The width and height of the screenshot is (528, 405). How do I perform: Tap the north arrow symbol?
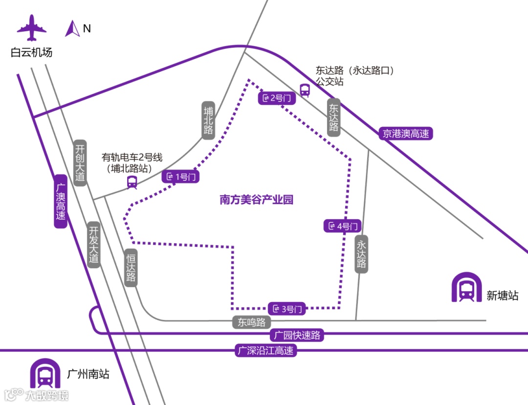point(73,29)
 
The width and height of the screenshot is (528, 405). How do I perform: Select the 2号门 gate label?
point(277,98)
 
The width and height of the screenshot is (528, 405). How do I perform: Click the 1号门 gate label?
point(181,177)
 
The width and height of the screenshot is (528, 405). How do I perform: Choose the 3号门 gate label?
point(287,309)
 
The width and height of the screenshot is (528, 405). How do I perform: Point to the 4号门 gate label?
point(342,226)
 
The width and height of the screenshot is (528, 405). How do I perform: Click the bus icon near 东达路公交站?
point(305,90)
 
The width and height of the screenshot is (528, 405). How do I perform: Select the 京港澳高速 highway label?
point(406,133)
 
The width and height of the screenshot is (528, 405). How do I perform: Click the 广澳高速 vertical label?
point(60,201)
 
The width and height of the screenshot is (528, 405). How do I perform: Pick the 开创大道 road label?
point(80,163)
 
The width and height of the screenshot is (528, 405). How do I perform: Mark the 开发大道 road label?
point(94,245)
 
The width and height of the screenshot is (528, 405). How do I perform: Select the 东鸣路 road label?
point(251,322)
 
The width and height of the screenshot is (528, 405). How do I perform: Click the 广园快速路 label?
point(297,336)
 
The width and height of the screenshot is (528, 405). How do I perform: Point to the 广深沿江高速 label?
point(265,350)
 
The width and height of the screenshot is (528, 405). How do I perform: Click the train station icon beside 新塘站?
point(466,288)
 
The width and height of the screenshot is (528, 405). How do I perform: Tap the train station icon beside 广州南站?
point(45,375)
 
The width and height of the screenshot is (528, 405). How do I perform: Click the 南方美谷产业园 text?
point(256,200)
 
